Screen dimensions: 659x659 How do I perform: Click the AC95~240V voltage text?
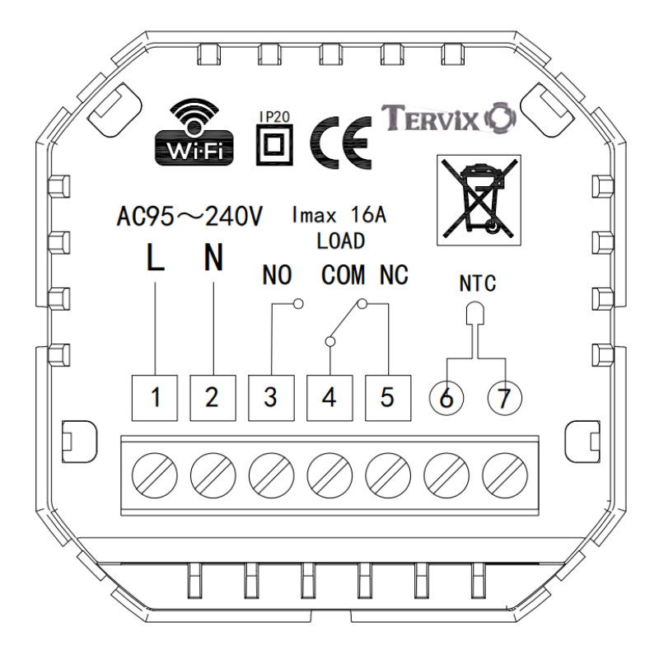point(190,218)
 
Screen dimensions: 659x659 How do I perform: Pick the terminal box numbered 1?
point(155,397)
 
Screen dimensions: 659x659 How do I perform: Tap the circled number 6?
point(446,398)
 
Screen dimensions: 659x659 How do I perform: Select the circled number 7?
point(503,398)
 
